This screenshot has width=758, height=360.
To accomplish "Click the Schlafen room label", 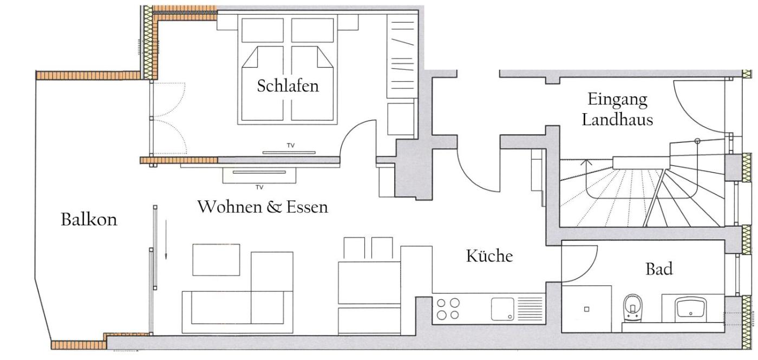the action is coord(287,86).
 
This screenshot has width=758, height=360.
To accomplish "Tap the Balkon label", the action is coord(89,220).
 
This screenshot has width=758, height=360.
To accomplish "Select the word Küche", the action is coord(489,256).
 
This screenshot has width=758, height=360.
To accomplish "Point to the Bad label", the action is coord(659,269).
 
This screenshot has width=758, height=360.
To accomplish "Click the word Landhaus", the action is coord(617,120).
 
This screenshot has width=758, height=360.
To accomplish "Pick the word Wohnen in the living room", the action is coord(229,207).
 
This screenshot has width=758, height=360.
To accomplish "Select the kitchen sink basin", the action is coord(502,309).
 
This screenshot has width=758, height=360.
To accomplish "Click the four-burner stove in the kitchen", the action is coord(448,309).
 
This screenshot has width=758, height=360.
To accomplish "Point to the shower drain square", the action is coord(587,309).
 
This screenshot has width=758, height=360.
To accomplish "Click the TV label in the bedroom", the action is coord(291,146).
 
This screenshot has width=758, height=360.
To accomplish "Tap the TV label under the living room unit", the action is coord(259,187).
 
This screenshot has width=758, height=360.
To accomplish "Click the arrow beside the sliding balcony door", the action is coord(166,239).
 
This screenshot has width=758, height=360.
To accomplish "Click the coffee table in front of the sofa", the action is coord(216,260).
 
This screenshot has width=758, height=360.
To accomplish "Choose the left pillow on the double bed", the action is coord(263,30).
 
